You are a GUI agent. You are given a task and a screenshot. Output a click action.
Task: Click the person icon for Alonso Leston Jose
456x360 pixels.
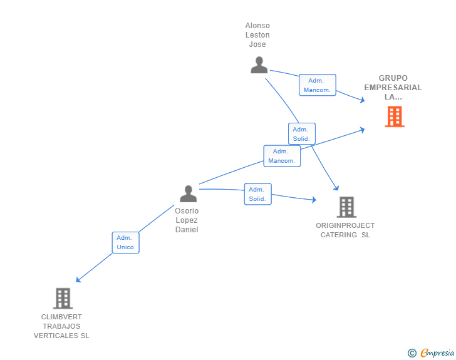coord(259,65)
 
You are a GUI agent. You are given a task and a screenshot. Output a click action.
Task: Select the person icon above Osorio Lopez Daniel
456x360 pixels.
coord(188,194)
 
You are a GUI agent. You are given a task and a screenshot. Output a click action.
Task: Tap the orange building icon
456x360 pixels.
coord(394,116)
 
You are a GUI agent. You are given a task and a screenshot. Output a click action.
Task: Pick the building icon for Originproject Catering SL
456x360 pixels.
coord(346,207)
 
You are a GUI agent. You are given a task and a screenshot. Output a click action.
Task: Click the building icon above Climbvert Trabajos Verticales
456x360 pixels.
coord(63,299)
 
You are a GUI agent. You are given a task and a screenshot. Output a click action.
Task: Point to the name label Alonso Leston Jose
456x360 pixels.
coord(257,35)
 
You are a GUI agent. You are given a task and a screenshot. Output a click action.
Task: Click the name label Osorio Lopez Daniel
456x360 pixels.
coord(187,220)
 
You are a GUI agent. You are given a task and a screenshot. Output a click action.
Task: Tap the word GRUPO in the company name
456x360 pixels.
coord(393,78)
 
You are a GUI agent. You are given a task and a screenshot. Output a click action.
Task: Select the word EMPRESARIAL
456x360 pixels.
coord(393,88)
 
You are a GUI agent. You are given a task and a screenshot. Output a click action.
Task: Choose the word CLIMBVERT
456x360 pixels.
coord(61,317)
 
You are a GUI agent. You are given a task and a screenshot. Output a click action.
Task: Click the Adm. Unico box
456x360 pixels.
coord(125,242)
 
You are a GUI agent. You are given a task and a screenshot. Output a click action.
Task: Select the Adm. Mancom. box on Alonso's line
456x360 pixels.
coord(317,85)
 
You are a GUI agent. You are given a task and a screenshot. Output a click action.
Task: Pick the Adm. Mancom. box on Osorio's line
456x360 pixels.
coord(282,156)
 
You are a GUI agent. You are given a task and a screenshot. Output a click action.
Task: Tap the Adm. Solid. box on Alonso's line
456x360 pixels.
coord(301,133)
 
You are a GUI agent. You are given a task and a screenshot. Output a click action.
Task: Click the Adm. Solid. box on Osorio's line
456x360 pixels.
coord(257,194)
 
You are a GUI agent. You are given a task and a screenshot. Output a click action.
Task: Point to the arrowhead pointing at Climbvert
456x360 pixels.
coord(78,280)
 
